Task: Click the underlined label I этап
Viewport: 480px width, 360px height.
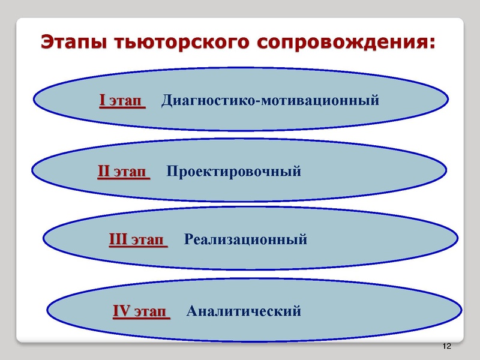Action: [122, 100]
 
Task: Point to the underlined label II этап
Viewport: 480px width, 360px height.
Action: [122, 173]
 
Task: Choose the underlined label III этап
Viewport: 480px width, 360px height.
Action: [137, 240]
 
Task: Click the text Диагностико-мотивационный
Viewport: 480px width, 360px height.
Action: [271, 100]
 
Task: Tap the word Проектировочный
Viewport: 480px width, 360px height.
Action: [233, 173]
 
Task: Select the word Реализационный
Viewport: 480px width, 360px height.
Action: [245, 240]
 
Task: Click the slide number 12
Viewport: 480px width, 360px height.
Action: [446, 347]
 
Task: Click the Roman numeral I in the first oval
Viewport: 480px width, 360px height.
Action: [103, 100]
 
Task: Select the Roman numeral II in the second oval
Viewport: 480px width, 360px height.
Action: [103, 173]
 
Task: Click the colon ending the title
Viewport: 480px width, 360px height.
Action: [430, 44]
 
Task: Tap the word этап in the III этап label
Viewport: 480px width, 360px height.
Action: [147, 240]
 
